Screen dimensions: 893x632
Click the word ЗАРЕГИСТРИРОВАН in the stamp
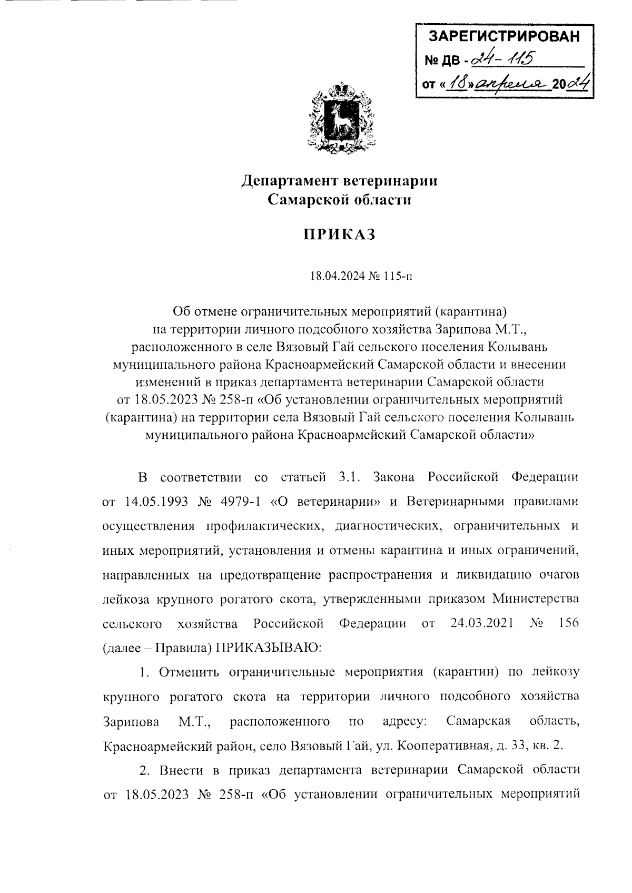click(x=504, y=37)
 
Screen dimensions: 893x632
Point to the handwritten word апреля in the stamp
click(x=510, y=83)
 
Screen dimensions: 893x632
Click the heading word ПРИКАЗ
click(x=339, y=234)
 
